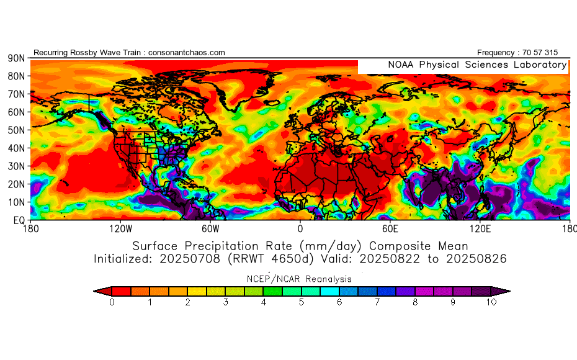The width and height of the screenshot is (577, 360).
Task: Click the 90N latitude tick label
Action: pyautogui.click(x=16, y=58)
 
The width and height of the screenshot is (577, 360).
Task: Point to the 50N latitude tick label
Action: pyautogui.click(x=16, y=130)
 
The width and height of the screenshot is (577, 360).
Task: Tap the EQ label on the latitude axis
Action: pyautogui.click(x=18, y=220)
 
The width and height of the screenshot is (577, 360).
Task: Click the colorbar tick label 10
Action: pyautogui.click(x=491, y=302)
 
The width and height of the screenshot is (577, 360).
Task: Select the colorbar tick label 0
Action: pyautogui.click(x=112, y=302)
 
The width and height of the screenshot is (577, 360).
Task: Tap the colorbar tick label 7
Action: pyautogui.click(x=378, y=302)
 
